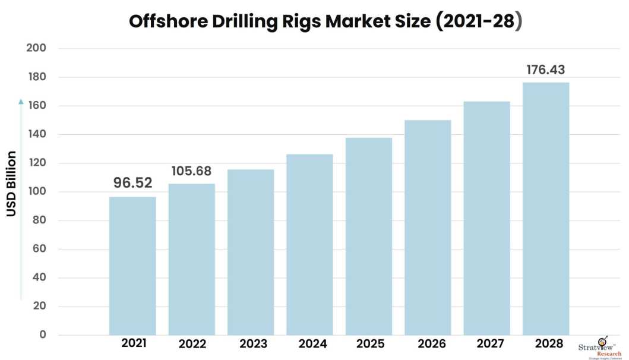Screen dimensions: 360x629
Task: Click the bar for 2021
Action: click(x=132, y=266)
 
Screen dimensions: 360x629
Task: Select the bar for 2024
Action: click(x=309, y=244)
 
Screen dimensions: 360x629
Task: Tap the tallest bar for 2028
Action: click(x=546, y=209)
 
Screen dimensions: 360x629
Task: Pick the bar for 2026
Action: click(x=428, y=228)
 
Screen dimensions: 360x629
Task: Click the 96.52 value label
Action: click(x=133, y=183)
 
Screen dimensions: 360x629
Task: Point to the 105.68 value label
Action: click(x=191, y=171)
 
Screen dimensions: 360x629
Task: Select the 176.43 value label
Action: click(x=546, y=70)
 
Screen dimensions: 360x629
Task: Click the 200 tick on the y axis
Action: click(x=36, y=48)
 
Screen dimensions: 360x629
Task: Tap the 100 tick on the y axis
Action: click(x=36, y=192)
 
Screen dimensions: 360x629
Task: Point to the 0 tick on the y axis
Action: click(x=42, y=335)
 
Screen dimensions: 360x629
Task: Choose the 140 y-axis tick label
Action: click(x=36, y=134)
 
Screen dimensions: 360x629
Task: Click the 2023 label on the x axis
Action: click(x=253, y=344)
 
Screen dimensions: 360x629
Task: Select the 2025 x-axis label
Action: click(x=370, y=344)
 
